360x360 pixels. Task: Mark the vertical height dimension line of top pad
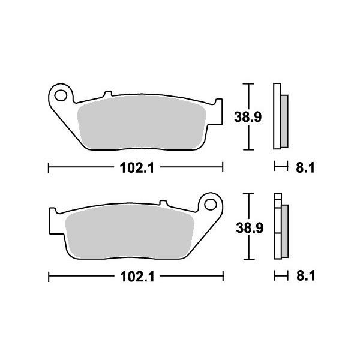coord(247,96)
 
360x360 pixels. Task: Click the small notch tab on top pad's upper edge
coord(108,94)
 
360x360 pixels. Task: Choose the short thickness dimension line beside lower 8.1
coord(278,277)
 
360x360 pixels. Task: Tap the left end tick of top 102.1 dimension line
coord(48,169)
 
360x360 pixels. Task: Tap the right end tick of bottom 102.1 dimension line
coord(223,277)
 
